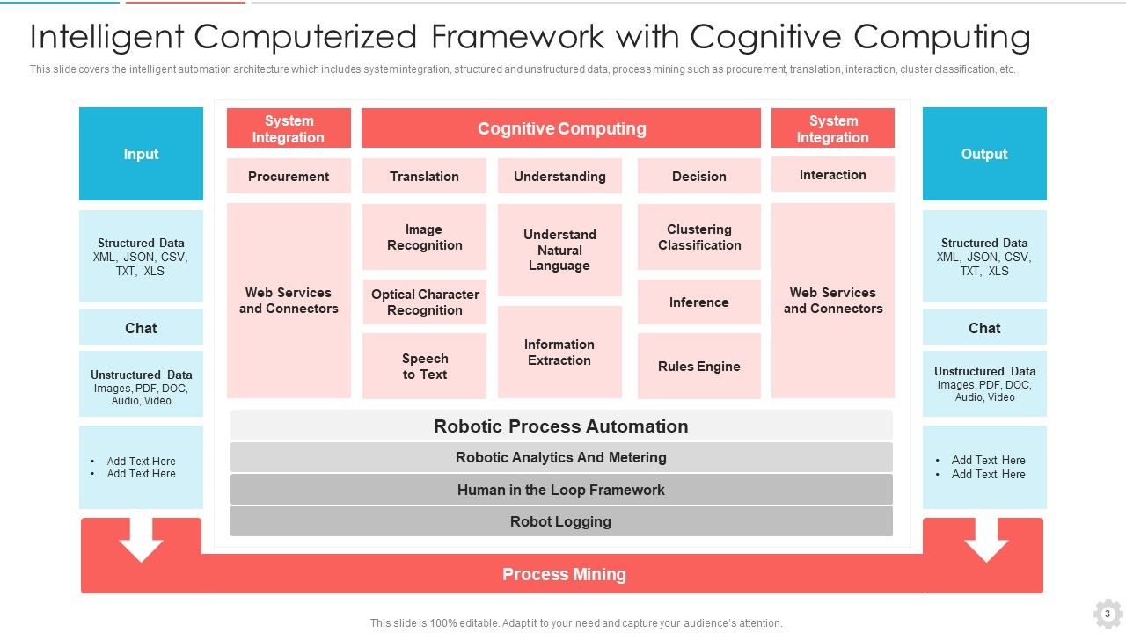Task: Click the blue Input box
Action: point(141,154)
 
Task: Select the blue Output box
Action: point(984,154)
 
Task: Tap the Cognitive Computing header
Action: point(561,128)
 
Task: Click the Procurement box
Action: point(289,176)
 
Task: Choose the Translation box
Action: point(424,176)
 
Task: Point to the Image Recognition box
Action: point(424,237)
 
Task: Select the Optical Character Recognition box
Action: point(424,302)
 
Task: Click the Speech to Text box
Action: point(424,366)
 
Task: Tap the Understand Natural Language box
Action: point(559,250)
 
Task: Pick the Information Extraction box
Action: point(559,352)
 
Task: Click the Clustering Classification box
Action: point(699,237)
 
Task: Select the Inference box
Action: point(699,302)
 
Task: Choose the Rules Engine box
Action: point(699,366)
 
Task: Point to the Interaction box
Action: point(833,174)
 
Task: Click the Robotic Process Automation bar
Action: point(561,426)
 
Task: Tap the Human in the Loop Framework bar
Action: point(561,490)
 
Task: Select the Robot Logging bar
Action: point(561,521)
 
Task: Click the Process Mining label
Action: point(564,574)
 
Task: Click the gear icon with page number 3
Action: point(1108,614)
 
